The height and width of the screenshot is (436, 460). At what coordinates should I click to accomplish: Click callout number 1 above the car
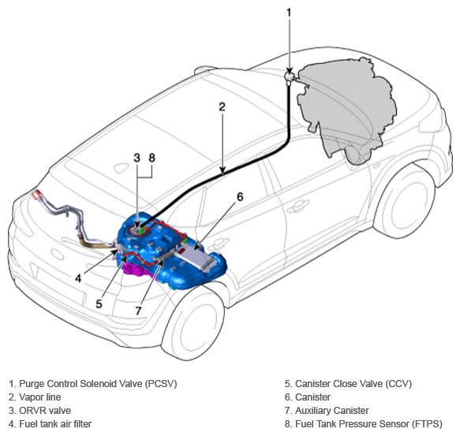(x=289, y=13)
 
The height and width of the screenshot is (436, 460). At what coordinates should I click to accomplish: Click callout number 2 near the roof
(x=222, y=106)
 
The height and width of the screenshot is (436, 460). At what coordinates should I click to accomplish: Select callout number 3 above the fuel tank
(x=137, y=158)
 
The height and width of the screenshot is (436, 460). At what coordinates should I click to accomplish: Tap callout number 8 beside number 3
(x=151, y=158)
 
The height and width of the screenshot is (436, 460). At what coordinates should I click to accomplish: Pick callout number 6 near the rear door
(x=240, y=197)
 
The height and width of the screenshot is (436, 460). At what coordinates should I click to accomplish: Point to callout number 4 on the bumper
(x=78, y=278)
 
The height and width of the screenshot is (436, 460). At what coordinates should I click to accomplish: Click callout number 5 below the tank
(x=99, y=304)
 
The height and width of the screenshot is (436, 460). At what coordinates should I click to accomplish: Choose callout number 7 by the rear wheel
(x=138, y=311)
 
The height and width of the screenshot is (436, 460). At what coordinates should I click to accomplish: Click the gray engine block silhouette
(x=346, y=109)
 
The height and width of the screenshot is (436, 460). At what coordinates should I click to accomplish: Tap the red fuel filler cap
(x=36, y=195)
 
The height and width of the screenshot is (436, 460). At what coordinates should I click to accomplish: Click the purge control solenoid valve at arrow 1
(x=290, y=76)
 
